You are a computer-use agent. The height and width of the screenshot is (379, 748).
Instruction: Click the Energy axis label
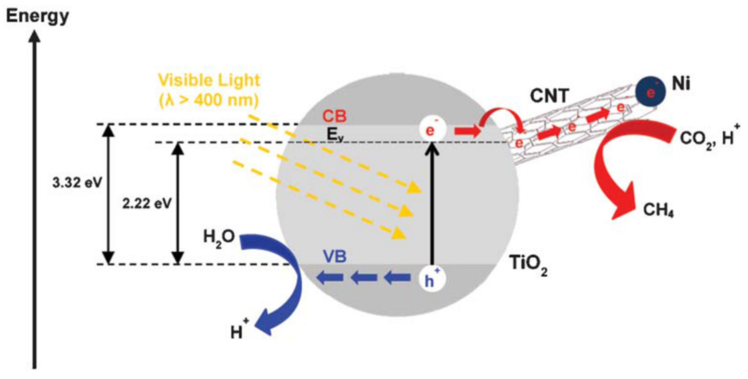[x=37, y=17]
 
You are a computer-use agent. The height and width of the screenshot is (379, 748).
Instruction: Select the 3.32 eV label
[x=77, y=183]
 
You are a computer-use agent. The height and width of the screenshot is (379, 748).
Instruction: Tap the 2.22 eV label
[x=147, y=204]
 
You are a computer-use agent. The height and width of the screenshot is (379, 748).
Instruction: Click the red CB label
[x=335, y=116]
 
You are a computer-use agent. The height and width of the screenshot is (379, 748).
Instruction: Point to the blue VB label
[x=335, y=257]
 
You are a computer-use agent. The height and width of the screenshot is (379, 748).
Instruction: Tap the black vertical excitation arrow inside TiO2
[x=432, y=203]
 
